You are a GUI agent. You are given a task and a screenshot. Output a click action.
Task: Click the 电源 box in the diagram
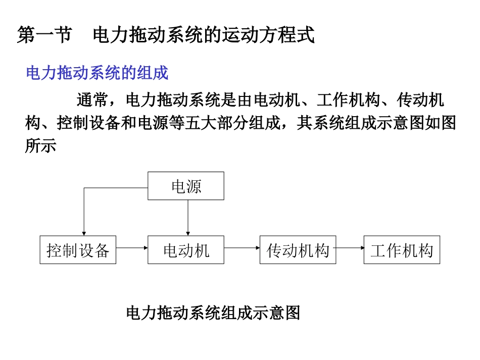[x=186, y=186]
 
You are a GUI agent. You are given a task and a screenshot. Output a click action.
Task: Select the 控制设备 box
[x=78, y=249]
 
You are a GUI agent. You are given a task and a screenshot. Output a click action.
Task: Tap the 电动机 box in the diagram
[x=186, y=249]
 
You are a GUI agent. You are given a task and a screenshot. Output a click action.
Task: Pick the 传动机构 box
[x=298, y=249]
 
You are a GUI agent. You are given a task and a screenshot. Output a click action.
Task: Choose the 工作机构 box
[x=402, y=249]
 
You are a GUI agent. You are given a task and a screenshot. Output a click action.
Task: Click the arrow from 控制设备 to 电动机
[x=131, y=248]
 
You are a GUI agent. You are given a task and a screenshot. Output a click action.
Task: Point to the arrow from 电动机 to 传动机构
[x=242, y=248]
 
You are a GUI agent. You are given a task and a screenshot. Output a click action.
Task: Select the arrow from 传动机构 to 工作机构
[x=350, y=248]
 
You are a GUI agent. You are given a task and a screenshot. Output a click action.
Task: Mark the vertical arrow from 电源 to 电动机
[x=188, y=217]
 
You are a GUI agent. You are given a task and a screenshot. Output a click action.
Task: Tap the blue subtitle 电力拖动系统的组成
[x=97, y=73]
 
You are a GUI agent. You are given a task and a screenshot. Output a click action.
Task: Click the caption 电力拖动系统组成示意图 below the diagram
[x=213, y=313]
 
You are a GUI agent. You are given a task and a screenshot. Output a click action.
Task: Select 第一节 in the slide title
[x=44, y=35]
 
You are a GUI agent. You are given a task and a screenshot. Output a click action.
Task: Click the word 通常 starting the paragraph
[x=92, y=99]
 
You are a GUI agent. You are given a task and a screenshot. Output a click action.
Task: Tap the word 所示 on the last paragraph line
[x=40, y=146]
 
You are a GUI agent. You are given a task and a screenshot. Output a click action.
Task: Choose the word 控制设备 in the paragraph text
[x=81, y=123]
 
